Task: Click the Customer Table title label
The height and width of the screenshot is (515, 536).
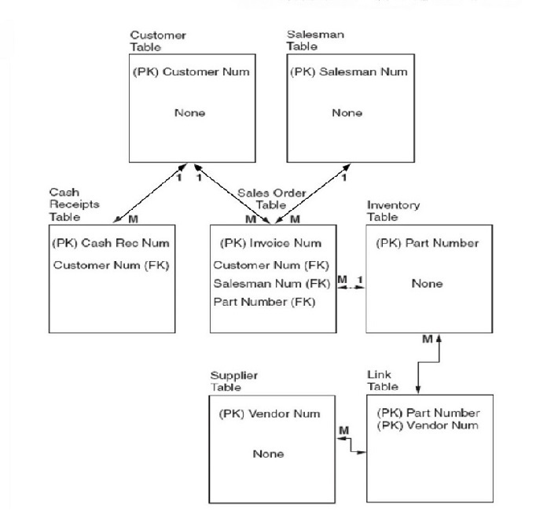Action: tap(150, 40)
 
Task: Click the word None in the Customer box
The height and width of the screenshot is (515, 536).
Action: tap(189, 113)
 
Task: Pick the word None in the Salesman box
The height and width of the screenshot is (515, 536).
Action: tap(347, 113)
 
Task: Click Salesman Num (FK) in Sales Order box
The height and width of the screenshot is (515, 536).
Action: tap(266, 284)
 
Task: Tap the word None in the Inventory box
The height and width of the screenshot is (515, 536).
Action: tap(427, 284)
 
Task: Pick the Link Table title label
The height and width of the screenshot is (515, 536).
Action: tap(382, 381)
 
